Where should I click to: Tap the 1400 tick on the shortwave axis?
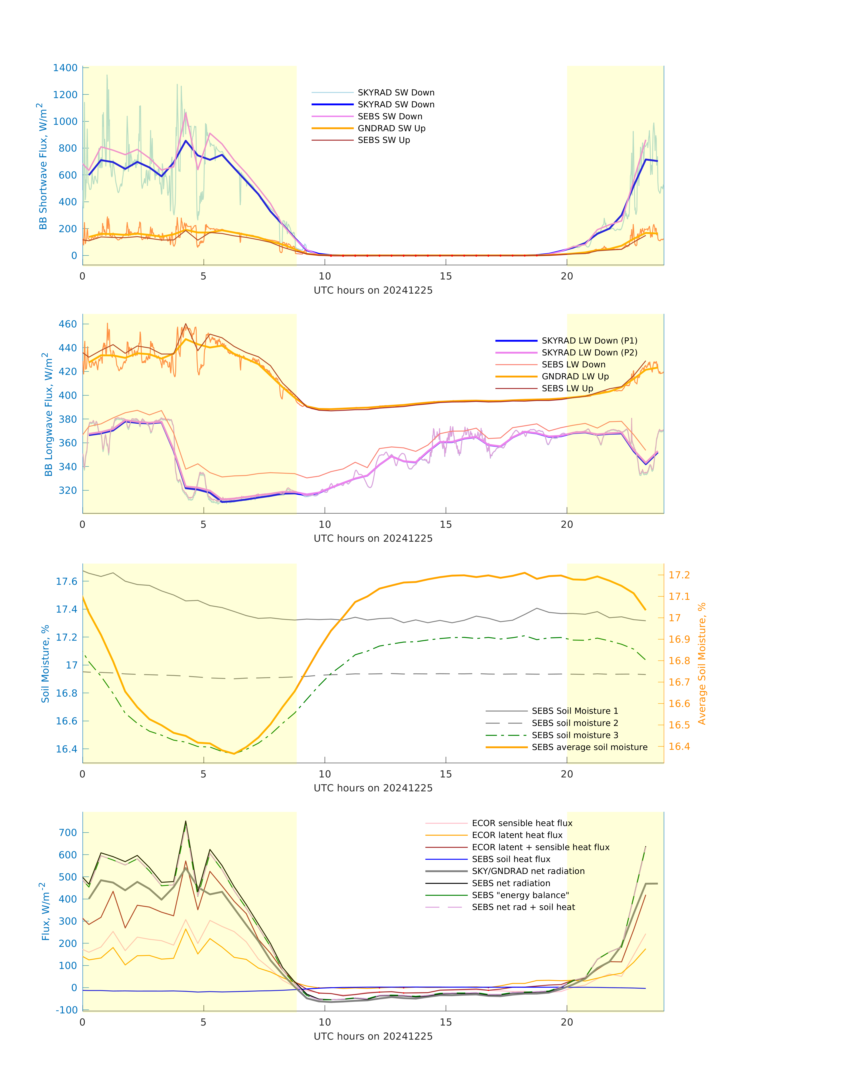(x=65, y=68)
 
